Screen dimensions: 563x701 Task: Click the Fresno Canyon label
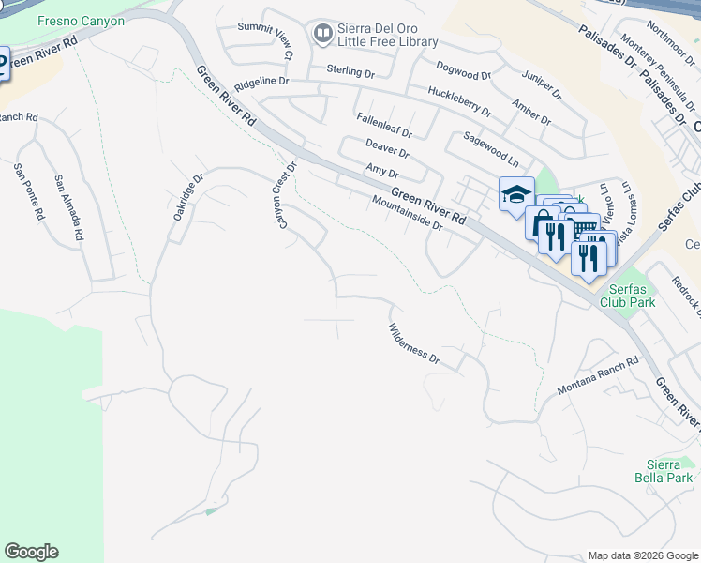(81, 21)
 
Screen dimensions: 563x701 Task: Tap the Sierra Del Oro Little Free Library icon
(323, 35)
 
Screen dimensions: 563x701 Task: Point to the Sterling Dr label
(350, 70)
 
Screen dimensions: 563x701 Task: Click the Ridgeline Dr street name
(261, 83)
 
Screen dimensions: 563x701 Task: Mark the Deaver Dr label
(388, 148)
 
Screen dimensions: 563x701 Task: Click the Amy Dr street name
(382, 172)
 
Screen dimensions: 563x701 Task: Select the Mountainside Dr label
(406, 212)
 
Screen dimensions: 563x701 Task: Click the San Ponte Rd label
(28, 192)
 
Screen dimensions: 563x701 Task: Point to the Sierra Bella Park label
(670, 471)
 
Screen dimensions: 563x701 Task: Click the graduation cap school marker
(515, 195)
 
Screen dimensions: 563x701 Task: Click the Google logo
(31, 552)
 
